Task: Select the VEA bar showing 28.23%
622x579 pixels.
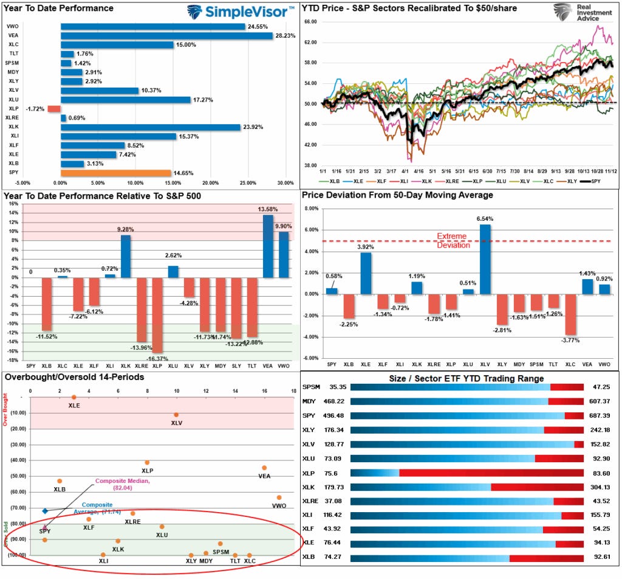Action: pyautogui.click(x=166, y=35)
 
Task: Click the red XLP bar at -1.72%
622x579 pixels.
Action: pyautogui.click(x=54, y=108)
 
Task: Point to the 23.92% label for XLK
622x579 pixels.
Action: pyautogui.click(x=255, y=127)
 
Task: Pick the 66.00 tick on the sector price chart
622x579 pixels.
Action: pyautogui.click(x=310, y=22)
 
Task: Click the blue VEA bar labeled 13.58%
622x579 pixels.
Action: pyautogui.click(x=268, y=246)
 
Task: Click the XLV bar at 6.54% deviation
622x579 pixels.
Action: pyautogui.click(x=485, y=259)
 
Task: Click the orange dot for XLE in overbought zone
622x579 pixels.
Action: pyautogui.click(x=74, y=397)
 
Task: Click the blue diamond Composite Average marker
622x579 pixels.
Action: pyautogui.click(x=45, y=511)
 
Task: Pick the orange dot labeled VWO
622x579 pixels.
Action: pyautogui.click(x=279, y=498)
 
